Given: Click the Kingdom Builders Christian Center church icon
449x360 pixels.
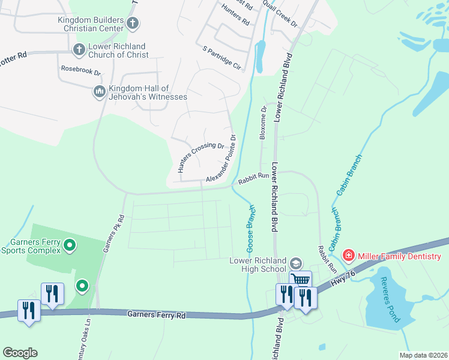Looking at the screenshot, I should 133,24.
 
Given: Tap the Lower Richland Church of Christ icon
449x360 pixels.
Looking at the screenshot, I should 79,49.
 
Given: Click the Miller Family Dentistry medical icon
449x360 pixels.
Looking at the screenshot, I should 348,256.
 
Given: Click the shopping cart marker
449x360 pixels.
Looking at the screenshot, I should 301,280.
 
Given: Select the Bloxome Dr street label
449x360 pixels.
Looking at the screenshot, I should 262,123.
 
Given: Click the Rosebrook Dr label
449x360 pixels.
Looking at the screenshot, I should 81,69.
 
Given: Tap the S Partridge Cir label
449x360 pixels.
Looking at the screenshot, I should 221,58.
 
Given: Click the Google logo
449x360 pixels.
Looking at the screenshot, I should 20,353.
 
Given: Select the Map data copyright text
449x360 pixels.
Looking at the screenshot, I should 423,355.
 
